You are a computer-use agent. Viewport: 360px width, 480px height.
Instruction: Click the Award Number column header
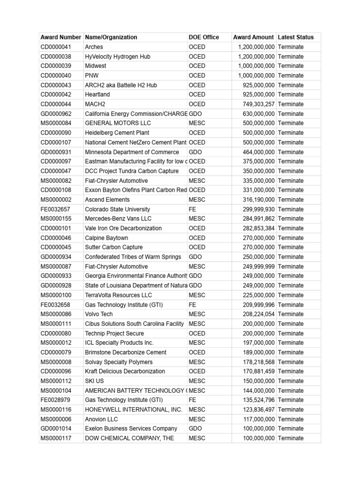pyautogui.click(x=61, y=37)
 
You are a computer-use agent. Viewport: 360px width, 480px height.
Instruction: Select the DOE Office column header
pyautogui.click(x=203, y=37)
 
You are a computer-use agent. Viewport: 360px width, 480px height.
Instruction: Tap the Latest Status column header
pyautogui.click(x=296, y=37)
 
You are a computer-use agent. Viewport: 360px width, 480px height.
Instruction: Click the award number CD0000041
pyautogui.click(x=56, y=47)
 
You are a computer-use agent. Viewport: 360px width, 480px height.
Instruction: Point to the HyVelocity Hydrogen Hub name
pyautogui.click(x=118, y=57)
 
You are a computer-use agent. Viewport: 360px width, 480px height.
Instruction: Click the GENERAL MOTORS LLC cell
pyautogui.click(x=115, y=123)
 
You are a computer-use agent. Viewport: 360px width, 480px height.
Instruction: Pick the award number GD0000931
pyautogui.click(x=56, y=152)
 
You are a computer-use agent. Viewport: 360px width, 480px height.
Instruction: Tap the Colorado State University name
pyautogui.click(x=117, y=209)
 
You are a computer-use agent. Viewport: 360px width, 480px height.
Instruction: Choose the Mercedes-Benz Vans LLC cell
pyautogui.click(x=118, y=218)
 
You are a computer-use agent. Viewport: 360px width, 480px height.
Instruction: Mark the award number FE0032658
pyautogui.click(x=56, y=305)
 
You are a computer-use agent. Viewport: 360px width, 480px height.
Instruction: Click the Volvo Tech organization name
pyautogui.click(x=99, y=314)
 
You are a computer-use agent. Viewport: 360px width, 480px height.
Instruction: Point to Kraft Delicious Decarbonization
pyautogui.click(x=125, y=371)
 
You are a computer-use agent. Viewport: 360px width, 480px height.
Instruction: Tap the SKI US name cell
pyautogui.click(x=94, y=381)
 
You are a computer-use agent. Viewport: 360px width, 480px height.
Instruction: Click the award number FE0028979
pyautogui.click(x=56, y=400)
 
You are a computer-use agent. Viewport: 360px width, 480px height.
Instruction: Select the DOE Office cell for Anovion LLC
pyautogui.click(x=197, y=419)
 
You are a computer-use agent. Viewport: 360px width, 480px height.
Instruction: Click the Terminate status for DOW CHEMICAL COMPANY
pyautogui.click(x=291, y=438)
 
